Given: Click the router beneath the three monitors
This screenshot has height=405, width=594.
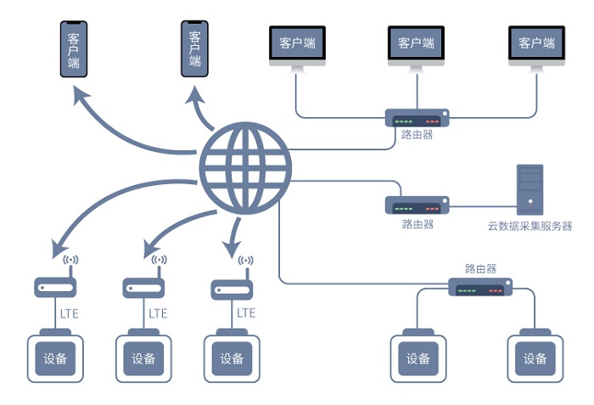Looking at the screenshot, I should coord(417,118).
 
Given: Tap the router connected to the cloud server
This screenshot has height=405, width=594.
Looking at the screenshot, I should coord(417,205).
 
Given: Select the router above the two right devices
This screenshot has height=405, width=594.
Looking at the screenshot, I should coord(480,288).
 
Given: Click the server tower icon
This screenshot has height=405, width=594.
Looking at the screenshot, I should coord(530,188).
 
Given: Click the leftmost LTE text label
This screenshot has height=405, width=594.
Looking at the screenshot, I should coord(70,313).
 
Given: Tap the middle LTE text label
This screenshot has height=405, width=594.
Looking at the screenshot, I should coord(158,313).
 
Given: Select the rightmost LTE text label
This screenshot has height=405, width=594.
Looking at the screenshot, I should coord(246,313).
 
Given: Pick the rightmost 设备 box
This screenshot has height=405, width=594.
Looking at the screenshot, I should coord(535,359).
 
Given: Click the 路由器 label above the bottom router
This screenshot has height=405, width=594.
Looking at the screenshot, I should coord(480,269).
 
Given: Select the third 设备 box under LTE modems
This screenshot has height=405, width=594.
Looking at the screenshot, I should coord(232,359).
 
